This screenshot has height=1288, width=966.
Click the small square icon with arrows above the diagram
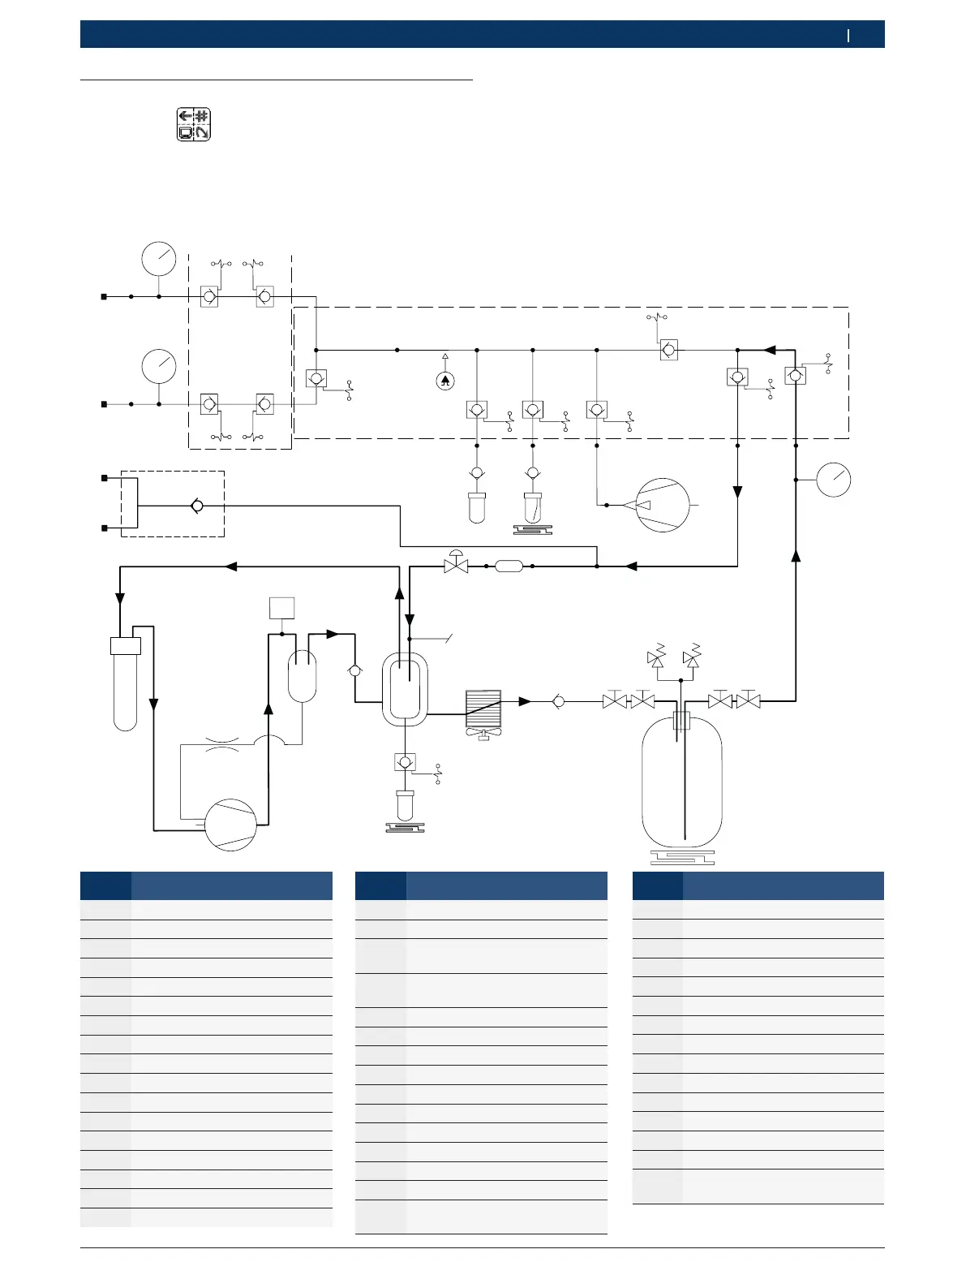pyautogui.click(x=194, y=124)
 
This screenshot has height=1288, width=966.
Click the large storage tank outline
pyautogui.click(x=681, y=783)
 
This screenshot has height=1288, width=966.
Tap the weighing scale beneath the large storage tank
pyautogui.click(x=682, y=856)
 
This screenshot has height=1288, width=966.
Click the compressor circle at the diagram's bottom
pyautogui.click(x=230, y=825)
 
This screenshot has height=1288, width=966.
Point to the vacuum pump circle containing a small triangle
pyautogui.click(x=663, y=505)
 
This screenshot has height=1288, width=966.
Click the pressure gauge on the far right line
pyautogui.click(x=833, y=480)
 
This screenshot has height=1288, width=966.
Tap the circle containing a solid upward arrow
pyautogui.click(x=445, y=381)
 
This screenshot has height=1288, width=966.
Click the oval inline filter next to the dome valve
pyautogui.click(x=509, y=566)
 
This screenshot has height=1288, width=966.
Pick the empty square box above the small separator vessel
pyautogui.click(x=281, y=608)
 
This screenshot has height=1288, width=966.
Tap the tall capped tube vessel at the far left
pyautogui.click(x=126, y=683)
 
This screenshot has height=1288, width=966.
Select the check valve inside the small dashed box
pyautogui.click(x=197, y=506)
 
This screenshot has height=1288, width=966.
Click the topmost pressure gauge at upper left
pyautogui.click(x=159, y=259)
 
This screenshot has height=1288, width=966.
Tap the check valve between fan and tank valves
pyautogui.click(x=559, y=701)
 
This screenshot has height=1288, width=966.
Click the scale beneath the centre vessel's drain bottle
pyautogui.click(x=405, y=828)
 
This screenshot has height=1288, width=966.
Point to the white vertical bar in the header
pyautogui.click(x=848, y=35)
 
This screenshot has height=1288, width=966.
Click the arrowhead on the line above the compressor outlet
pyautogui.click(x=268, y=709)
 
